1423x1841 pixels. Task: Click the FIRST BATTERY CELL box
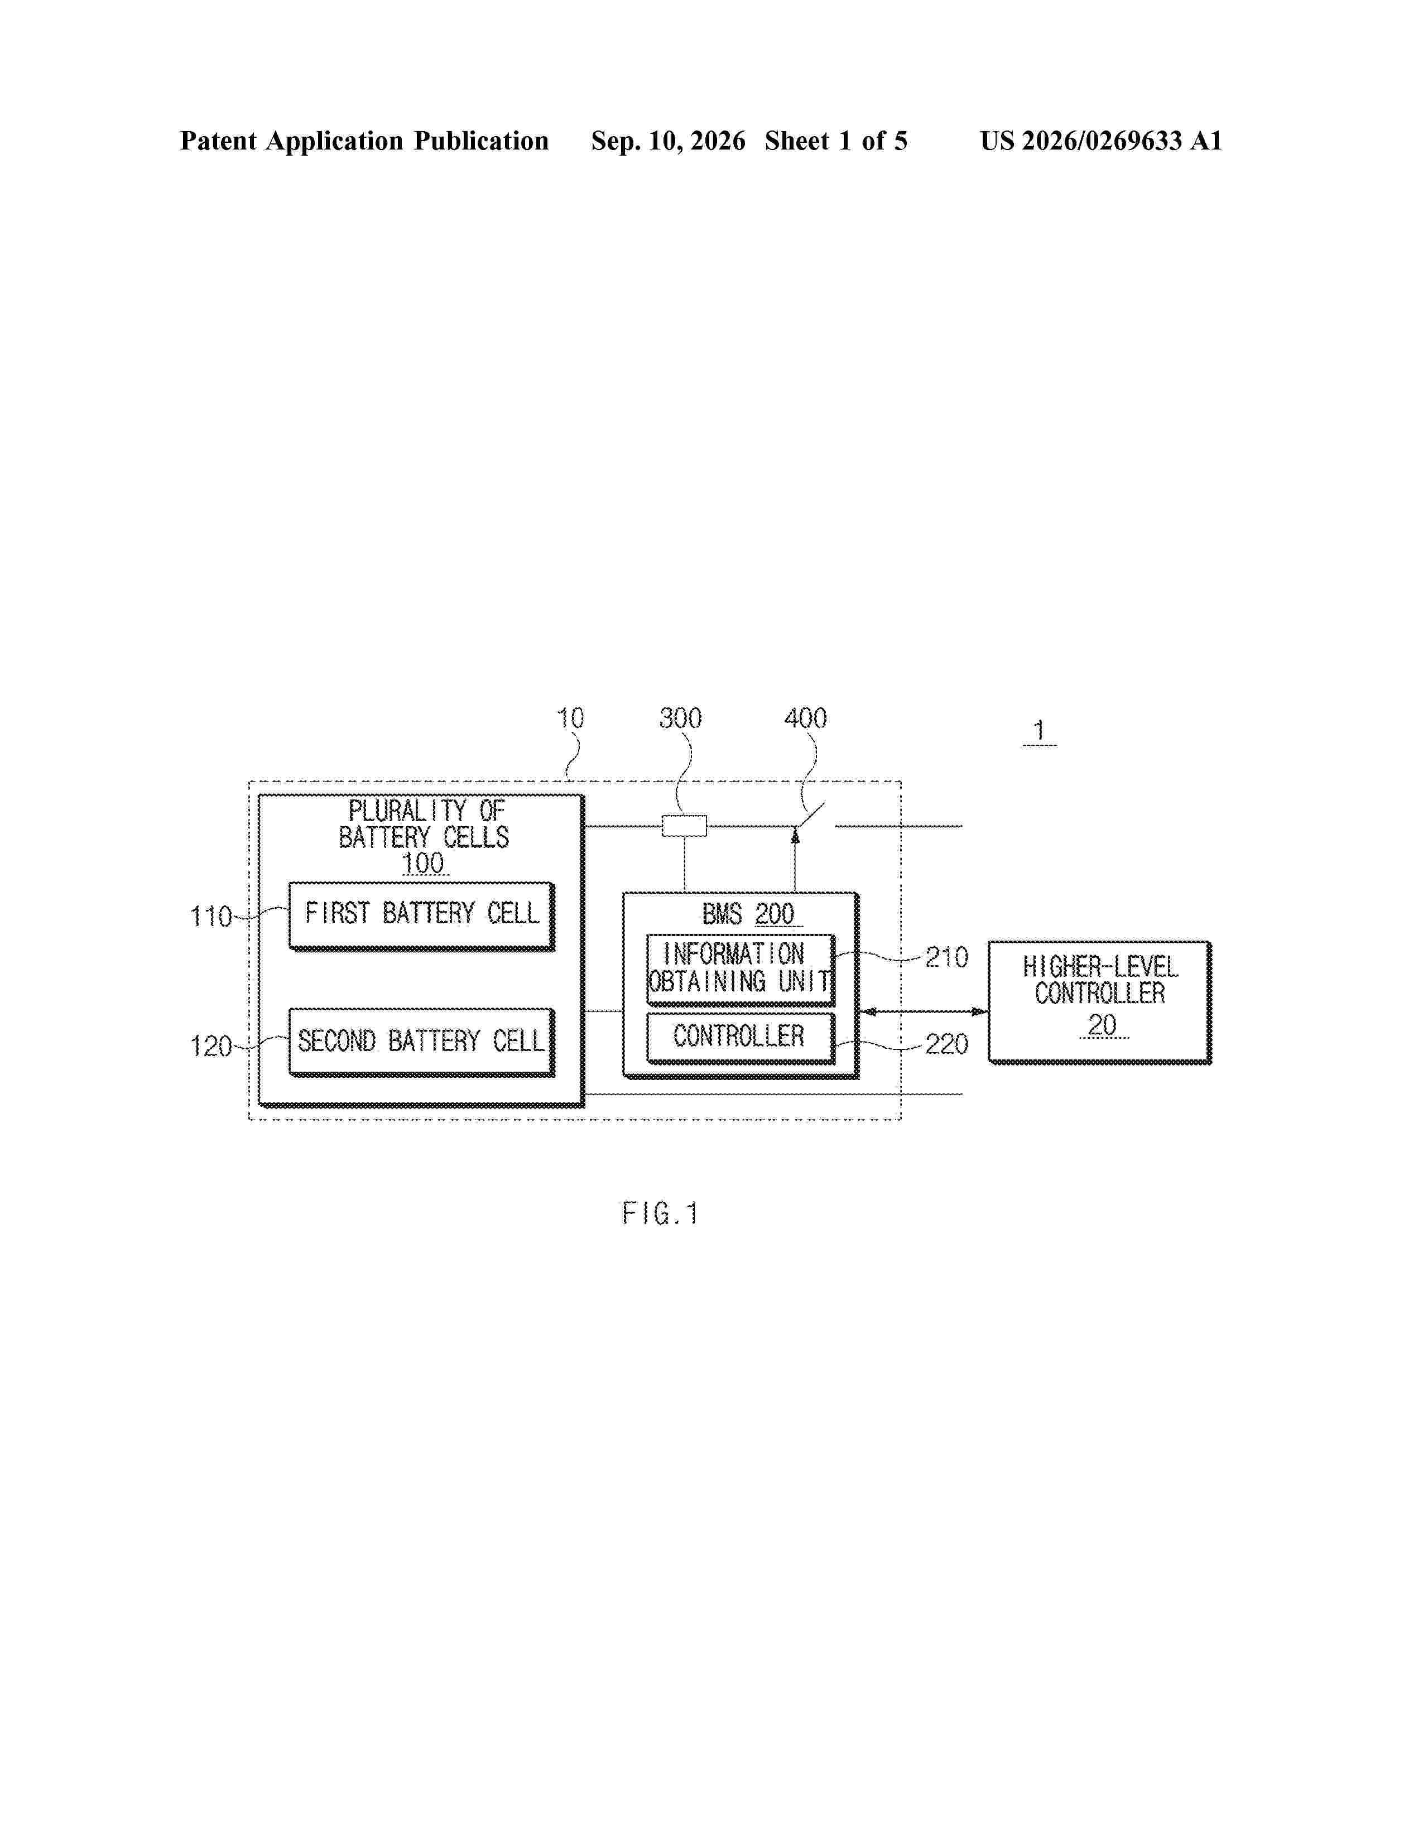pyautogui.click(x=421, y=916)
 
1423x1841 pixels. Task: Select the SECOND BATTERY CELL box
pyautogui.click(x=421, y=1042)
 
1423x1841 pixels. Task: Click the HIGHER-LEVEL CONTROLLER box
pyautogui.click(x=1100, y=1003)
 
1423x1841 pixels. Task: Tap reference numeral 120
pyautogui.click(x=211, y=1046)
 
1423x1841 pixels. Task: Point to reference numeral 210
pyautogui.click(x=946, y=957)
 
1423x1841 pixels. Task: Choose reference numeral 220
pyautogui.click(x=946, y=1044)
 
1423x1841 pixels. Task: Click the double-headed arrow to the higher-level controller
pyautogui.click(x=923, y=1011)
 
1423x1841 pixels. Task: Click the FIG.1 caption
pyautogui.click(x=660, y=1214)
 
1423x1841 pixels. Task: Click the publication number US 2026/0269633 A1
pyautogui.click(x=1101, y=141)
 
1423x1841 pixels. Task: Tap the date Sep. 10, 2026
pyautogui.click(x=667, y=141)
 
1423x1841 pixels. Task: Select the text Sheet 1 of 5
pyautogui.click(x=837, y=141)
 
